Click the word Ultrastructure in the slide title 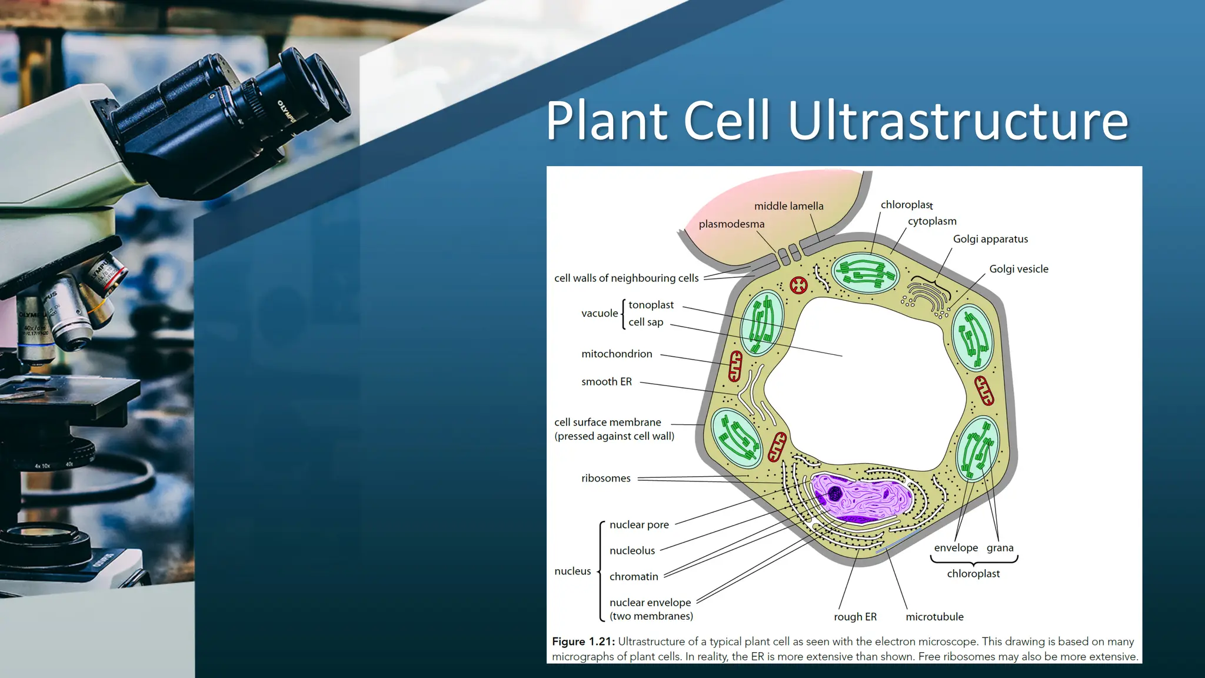pos(957,121)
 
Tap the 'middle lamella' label pos(788,206)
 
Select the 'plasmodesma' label pos(731,224)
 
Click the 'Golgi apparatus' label pos(990,239)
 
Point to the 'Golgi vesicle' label pos(1018,269)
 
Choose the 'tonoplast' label pos(651,305)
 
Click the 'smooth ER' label pos(606,382)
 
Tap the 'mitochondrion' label pos(617,354)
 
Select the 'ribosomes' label pos(605,478)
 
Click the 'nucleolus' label pos(632,551)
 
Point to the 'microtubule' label pos(934,617)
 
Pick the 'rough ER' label pos(855,617)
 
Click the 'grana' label pos(1000,548)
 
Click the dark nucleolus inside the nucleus pos(834,493)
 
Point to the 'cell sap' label pos(645,323)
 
